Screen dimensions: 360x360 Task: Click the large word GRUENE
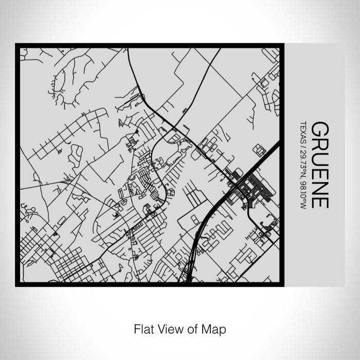(x=319, y=165)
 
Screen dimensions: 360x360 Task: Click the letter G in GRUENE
(x=319, y=129)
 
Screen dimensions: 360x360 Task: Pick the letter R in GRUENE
(x=319, y=143)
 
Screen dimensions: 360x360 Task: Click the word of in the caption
(x=193, y=328)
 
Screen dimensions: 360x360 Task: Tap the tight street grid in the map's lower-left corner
(x=67, y=265)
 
